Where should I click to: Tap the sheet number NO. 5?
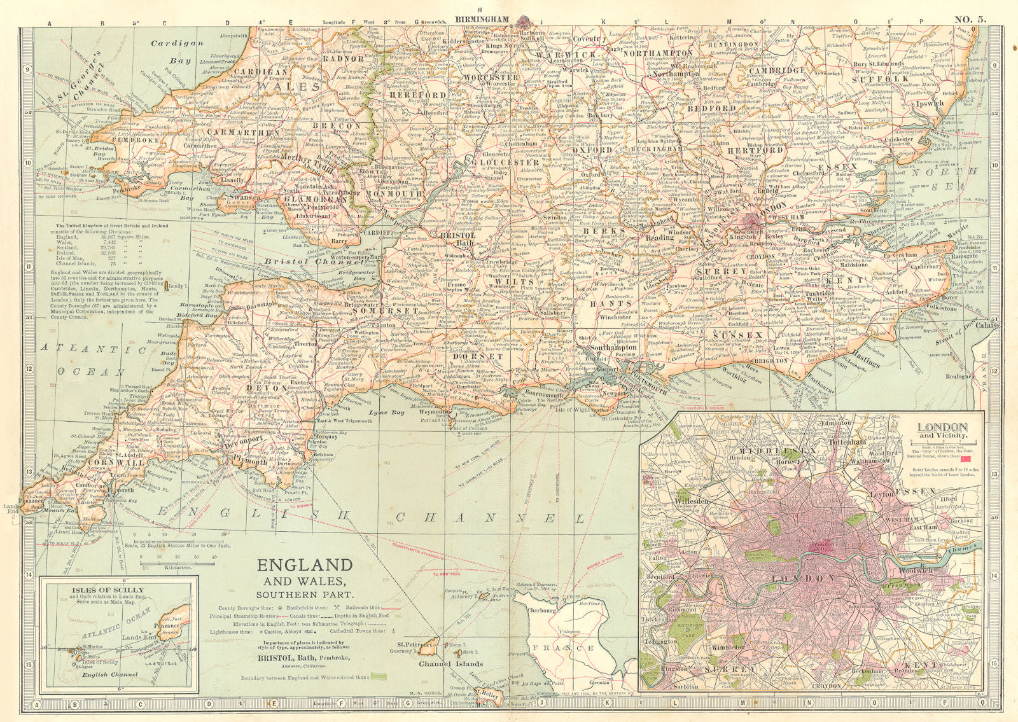[x=971, y=6]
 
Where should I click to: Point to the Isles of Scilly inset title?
[x=117, y=590]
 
